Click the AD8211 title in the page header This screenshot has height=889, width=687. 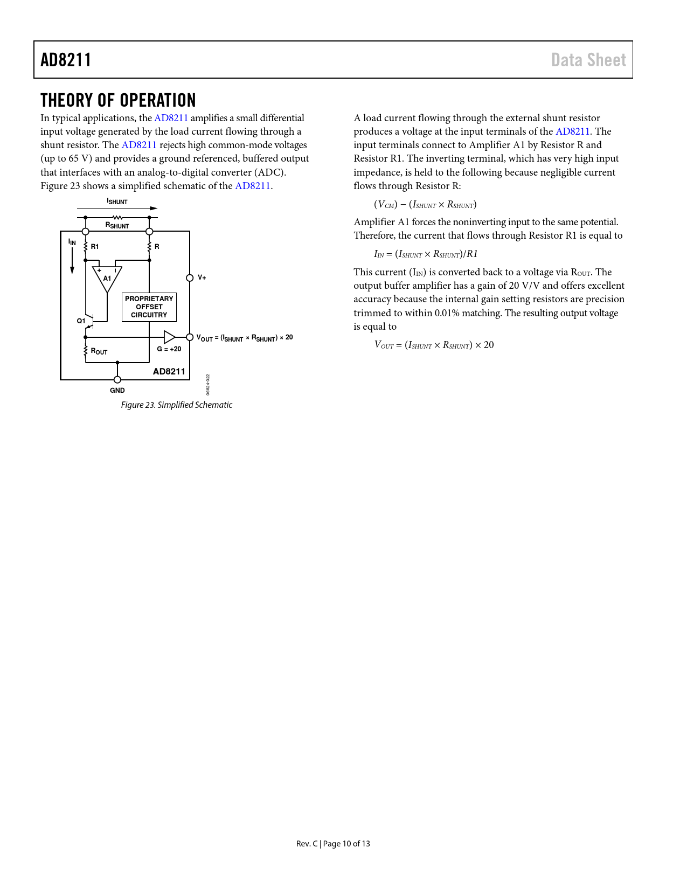66,60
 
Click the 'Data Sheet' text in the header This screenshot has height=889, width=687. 588,60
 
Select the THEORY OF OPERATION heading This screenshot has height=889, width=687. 118,101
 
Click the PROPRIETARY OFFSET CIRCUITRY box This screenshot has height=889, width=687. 149,307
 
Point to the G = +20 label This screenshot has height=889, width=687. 169,349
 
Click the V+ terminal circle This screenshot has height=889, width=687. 190,278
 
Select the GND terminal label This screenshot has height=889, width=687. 117,391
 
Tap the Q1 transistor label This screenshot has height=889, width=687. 81,321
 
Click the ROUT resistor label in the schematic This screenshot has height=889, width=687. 99,352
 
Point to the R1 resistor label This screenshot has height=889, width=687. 95,247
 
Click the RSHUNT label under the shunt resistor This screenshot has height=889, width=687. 117,226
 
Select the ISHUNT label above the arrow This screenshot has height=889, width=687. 117,202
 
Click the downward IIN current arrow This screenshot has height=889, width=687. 72,261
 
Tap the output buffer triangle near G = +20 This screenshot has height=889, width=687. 169,337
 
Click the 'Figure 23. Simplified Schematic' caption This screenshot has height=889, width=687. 176,405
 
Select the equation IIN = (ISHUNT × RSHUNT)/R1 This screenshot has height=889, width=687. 426,254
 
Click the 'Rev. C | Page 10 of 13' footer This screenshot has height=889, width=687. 333,844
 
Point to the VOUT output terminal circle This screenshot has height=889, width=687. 190,337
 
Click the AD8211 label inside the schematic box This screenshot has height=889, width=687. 169,372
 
